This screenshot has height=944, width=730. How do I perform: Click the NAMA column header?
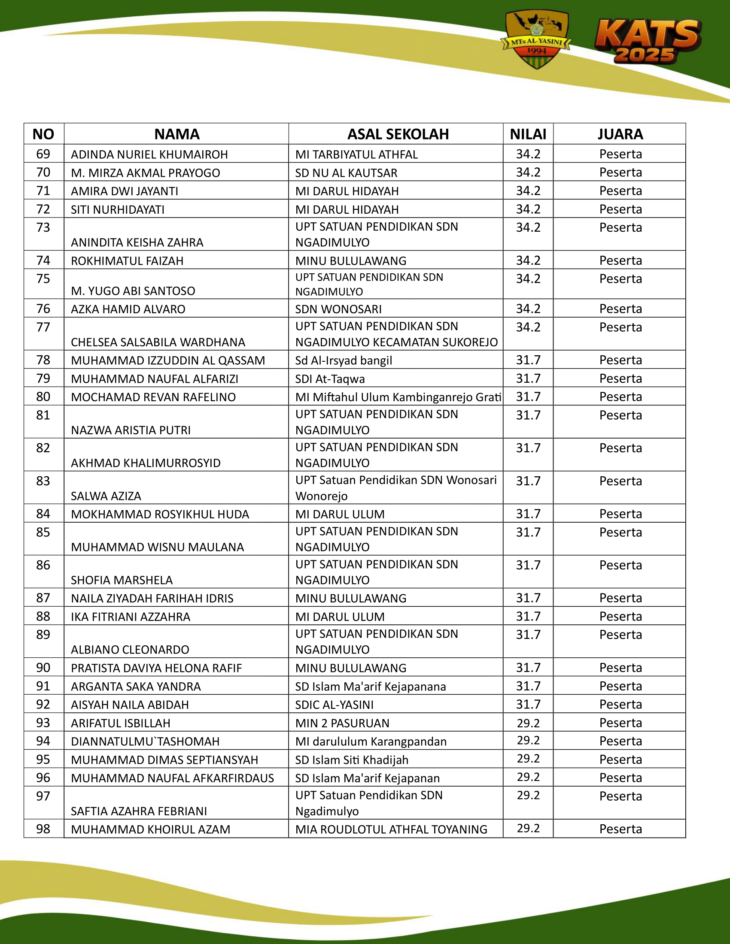click(x=176, y=134)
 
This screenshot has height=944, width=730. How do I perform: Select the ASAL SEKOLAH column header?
click(x=398, y=134)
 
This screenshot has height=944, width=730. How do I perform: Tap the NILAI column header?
click(x=528, y=134)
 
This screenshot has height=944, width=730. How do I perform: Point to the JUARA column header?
click(x=620, y=134)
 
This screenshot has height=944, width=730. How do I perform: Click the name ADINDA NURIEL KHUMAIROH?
click(x=149, y=154)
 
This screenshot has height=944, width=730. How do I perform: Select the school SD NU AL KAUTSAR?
click(x=346, y=173)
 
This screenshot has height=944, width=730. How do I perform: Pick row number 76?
click(x=43, y=309)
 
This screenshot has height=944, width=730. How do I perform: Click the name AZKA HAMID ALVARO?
click(x=128, y=309)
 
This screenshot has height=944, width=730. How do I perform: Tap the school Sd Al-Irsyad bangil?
click(x=344, y=360)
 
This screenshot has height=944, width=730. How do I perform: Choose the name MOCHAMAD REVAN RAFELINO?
click(x=153, y=397)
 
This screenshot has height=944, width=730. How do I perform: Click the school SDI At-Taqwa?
click(x=330, y=379)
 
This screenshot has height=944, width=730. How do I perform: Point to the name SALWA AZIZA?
click(x=106, y=496)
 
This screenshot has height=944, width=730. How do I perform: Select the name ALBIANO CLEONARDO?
click(x=130, y=650)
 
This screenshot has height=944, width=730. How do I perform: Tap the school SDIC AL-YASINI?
click(x=334, y=705)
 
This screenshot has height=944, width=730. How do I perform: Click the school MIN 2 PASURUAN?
click(x=342, y=723)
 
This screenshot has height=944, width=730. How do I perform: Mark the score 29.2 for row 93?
click(x=528, y=723)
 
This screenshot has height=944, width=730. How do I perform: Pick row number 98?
click(x=43, y=829)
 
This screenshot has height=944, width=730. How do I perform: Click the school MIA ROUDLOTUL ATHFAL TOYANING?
click(x=391, y=829)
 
